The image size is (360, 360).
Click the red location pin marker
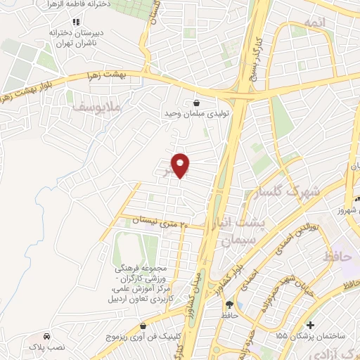(181, 165)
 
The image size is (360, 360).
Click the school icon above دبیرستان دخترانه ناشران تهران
(76, 22)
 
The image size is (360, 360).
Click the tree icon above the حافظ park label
(229, 304)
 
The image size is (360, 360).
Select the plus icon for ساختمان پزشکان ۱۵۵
(319, 325)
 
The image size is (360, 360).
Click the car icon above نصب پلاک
(46, 335)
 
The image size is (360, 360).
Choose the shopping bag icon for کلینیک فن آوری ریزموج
(143, 326)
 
